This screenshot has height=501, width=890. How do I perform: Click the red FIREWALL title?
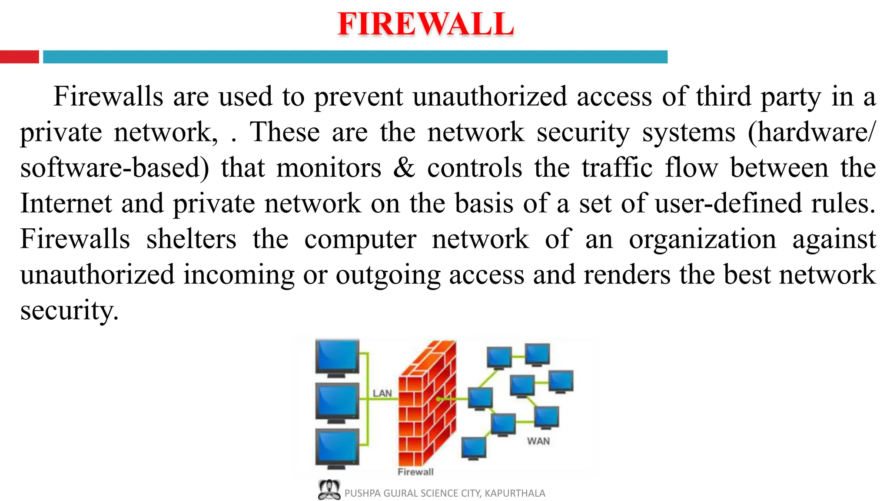click(425, 24)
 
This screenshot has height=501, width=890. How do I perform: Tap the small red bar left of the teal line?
click(19, 57)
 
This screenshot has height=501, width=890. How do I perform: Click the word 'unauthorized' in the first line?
click(490, 97)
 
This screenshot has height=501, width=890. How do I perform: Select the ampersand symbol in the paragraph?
click(404, 168)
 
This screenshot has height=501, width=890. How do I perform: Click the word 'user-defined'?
click(728, 204)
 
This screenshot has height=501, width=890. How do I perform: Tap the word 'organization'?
click(702, 239)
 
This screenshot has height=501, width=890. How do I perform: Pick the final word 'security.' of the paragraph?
click(69, 311)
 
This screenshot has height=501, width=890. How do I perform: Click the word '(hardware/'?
click(811, 133)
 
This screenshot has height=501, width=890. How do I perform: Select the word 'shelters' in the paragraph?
click(191, 239)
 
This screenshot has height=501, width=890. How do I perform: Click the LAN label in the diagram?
click(382, 394)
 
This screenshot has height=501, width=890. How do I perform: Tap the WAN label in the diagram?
click(538, 441)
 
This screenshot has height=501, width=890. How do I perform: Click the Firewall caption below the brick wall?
click(415, 472)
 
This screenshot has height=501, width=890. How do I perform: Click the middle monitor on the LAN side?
click(337, 402)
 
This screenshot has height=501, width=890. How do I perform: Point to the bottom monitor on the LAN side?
click(337, 448)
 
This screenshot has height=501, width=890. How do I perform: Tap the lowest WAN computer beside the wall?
click(473, 448)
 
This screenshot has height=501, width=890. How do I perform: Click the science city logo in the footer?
click(329, 490)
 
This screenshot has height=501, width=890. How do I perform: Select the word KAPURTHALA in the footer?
click(515, 493)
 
